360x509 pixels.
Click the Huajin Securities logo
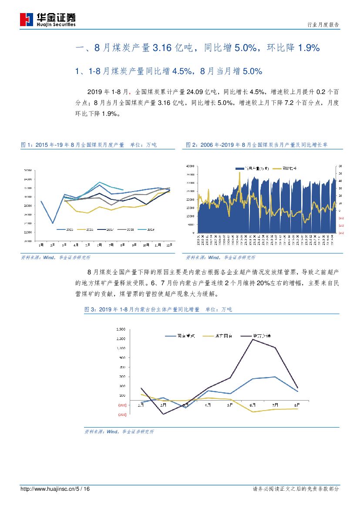48,20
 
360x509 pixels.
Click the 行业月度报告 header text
323,25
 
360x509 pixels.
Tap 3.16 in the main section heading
161,48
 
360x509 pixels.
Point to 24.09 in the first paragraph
195,92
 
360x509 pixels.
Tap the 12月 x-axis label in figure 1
168,245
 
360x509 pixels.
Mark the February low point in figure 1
53,223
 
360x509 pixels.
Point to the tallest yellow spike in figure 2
240,172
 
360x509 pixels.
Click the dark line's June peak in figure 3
253,339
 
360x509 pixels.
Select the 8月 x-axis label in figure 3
296,405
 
